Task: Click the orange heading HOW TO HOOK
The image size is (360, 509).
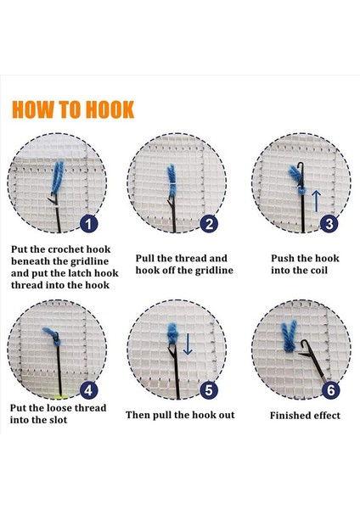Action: click(x=73, y=109)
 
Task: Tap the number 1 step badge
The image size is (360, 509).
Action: click(x=88, y=223)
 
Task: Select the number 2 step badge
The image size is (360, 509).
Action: click(x=209, y=223)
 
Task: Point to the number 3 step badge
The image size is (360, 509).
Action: click(x=329, y=223)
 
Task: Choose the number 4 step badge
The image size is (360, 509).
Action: click(x=88, y=390)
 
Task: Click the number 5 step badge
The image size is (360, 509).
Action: click(x=209, y=390)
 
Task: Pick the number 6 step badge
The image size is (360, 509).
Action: click(x=331, y=390)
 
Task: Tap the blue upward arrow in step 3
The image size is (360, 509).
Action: click(x=316, y=201)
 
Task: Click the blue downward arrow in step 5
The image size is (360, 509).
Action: click(x=188, y=344)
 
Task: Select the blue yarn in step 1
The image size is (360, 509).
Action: click(x=58, y=177)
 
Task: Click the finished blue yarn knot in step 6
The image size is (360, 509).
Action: click(x=289, y=337)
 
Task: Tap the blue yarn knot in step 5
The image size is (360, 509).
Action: click(x=172, y=333)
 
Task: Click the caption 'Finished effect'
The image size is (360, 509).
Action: click(x=305, y=416)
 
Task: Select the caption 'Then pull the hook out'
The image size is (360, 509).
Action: click(x=180, y=415)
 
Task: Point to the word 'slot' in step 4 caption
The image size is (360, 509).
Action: click(x=58, y=420)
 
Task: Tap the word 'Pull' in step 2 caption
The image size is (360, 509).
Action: click(x=145, y=259)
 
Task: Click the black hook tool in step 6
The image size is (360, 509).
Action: click(x=314, y=362)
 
